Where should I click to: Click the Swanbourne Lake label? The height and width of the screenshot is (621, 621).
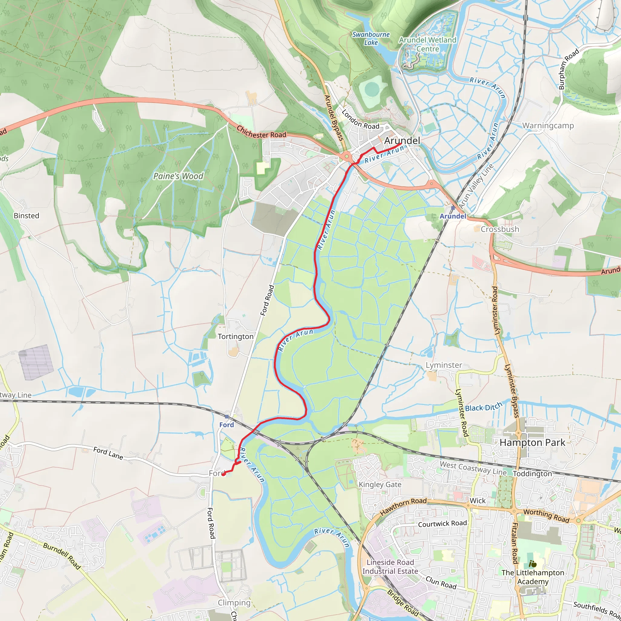(371, 38)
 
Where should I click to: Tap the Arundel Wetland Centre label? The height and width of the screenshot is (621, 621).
(428, 44)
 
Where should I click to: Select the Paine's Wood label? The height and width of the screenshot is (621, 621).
(178, 176)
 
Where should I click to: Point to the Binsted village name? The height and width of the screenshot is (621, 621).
(26, 216)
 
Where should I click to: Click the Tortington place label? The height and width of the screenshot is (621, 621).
(236, 337)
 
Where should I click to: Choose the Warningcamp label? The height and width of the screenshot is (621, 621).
(548, 126)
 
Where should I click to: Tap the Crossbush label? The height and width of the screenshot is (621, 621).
(500, 229)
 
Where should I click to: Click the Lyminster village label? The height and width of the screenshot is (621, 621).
(444, 365)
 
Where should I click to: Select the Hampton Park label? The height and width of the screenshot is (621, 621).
(532, 443)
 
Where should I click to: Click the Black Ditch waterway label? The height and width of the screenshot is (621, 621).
(483, 407)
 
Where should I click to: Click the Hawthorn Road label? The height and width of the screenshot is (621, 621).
(403, 506)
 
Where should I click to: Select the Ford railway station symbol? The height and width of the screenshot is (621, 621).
(227, 417)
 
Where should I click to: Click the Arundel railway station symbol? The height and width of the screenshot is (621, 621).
(453, 208)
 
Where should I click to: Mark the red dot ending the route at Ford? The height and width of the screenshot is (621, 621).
(223, 474)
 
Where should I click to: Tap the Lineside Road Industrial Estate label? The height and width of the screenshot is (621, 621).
(390, 567)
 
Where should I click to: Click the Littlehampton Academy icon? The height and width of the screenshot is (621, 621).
(532, 564)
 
